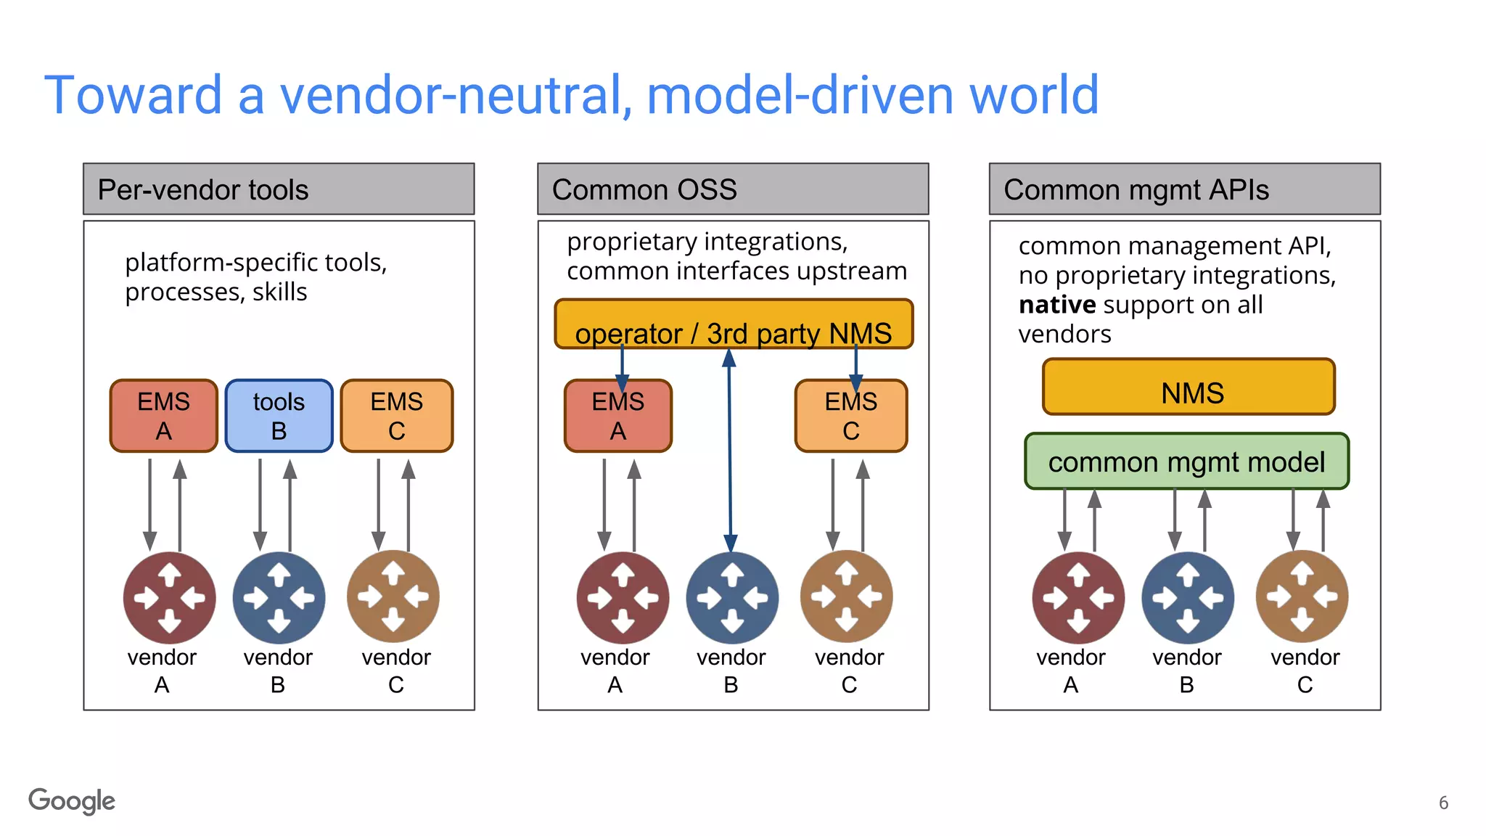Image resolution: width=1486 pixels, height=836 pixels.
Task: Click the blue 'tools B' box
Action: (x=279, y=416)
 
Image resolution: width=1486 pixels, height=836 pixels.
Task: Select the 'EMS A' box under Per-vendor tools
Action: (x=164, y=416)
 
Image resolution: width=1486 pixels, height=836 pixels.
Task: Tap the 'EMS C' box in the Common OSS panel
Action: (x=850, y=416)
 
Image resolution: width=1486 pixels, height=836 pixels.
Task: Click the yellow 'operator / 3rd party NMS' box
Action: (x=733, y=324)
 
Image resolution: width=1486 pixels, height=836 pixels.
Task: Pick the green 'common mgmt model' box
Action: (x=1186, y=462)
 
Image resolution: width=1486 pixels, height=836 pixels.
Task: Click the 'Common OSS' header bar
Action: (x=733, y=189)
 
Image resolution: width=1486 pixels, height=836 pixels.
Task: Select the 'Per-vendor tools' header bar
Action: (x=279, y=189)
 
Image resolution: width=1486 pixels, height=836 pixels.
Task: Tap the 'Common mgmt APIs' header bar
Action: (x=1184, y=189)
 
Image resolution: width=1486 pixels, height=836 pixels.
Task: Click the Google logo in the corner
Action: (x=72, y=800)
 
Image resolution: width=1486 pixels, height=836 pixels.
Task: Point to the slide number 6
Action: (x=1443, y=803)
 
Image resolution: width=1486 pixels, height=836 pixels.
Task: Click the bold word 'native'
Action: (x=1056, y=305)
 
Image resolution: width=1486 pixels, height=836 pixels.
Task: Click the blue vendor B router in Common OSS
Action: (x=731, y=598)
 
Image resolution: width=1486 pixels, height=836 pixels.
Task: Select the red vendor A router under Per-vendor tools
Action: (x=169, y=598)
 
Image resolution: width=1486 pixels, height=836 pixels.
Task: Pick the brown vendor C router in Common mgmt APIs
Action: (x=1302, y=597)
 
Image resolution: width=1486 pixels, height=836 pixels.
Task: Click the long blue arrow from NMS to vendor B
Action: (x=730, y=450)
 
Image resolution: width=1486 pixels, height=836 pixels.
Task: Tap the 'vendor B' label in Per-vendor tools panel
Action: (x=278, y=670)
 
